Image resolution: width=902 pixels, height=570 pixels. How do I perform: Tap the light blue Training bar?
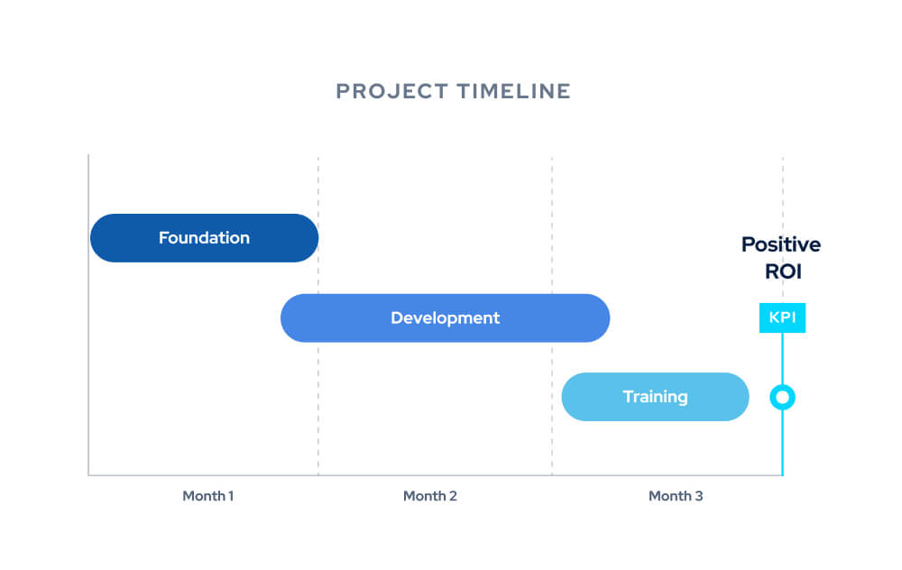[722, 397]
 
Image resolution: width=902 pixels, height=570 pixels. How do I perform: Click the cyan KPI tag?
[782, 317]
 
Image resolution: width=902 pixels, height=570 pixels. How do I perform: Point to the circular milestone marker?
[782, 397]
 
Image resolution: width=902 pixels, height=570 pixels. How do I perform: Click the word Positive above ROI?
[781, 244]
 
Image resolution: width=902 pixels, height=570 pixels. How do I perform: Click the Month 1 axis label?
[208, 496]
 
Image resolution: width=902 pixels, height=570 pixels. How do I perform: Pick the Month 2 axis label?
[429, 496]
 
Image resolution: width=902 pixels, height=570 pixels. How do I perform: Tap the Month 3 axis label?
[676, 496]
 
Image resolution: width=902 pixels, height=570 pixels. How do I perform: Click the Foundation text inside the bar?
[204, 238]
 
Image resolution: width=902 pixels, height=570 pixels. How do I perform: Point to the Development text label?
[445, 317]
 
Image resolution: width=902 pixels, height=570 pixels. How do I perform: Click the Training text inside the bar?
[655, 397]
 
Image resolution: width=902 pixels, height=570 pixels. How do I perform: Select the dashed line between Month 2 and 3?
[552, 225]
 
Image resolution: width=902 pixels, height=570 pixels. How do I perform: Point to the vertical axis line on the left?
[88, 361]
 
